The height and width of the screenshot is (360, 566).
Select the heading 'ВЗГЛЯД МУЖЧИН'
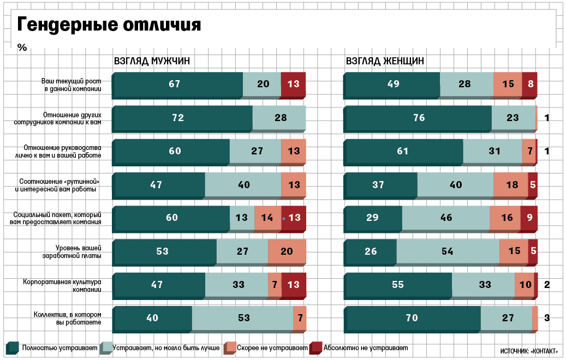(x=152, y=61)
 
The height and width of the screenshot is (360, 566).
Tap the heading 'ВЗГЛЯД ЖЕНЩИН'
(x=385, y=61)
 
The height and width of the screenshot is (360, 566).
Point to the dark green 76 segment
(x=418, y=118)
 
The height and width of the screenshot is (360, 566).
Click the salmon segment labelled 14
(x=267, y=218)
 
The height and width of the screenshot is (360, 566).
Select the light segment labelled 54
(x=447, y=251)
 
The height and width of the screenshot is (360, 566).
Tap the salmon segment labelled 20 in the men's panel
(x=287, y=251)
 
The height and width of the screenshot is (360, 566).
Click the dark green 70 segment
(x=413, y=318)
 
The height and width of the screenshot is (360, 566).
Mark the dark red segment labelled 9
(x=529, y=218)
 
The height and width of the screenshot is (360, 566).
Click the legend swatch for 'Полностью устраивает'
(x=13, y=348)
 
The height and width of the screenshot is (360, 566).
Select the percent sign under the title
(x=22, y=47)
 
